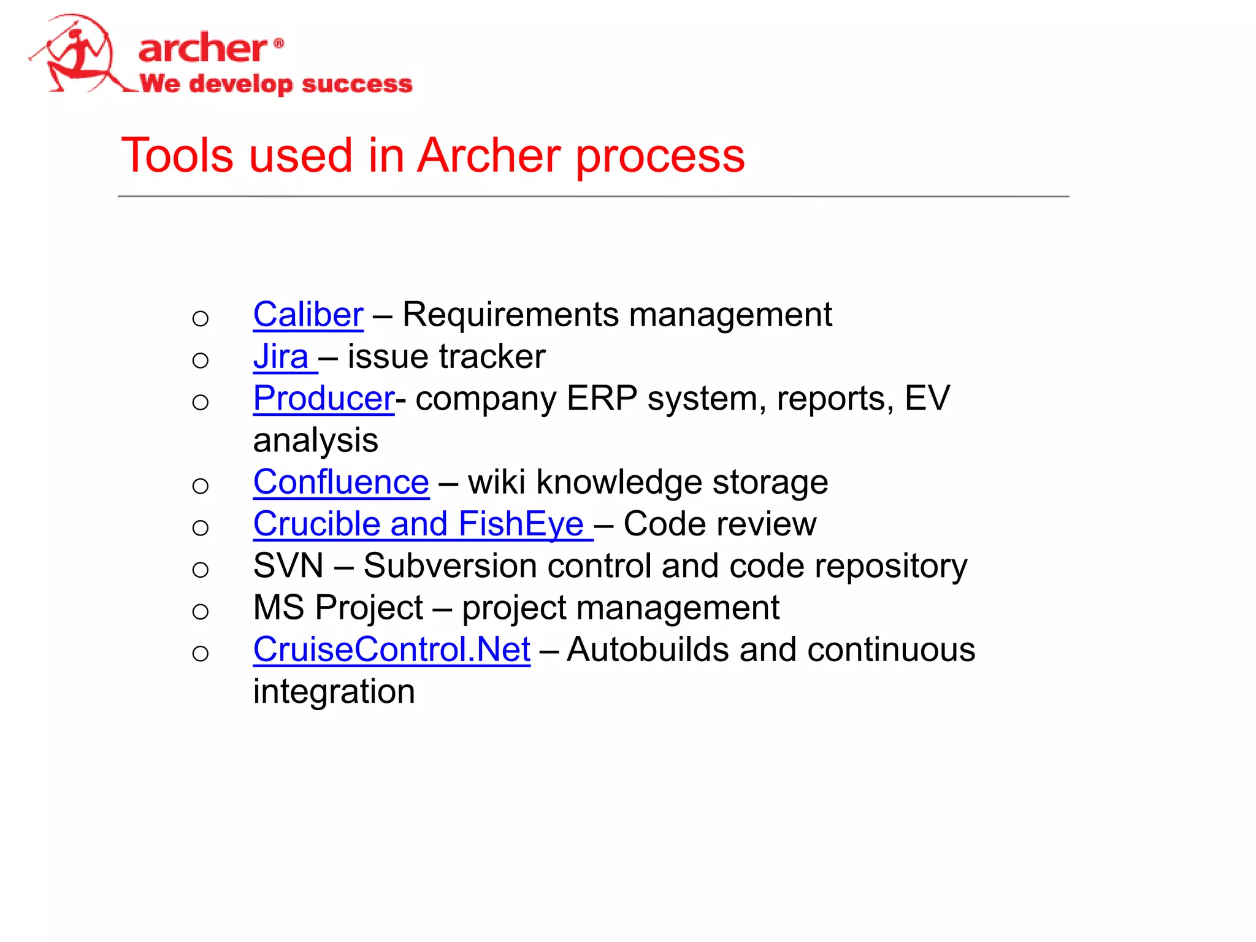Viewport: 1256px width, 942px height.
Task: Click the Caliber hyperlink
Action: [308, 315]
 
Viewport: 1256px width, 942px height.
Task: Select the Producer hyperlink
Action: [323, 399]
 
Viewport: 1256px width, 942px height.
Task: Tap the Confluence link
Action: [341, 483]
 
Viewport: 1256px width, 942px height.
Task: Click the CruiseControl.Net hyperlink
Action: [391, 650]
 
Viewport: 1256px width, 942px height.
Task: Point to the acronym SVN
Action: [288, 566]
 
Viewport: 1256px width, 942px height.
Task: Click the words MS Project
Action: [338, 608]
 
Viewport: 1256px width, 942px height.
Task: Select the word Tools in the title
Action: [177, 155]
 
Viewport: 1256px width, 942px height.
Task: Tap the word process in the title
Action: [660, 156]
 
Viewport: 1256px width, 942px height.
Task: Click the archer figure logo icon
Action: [77, 55]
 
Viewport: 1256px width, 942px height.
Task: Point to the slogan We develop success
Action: [276, 84]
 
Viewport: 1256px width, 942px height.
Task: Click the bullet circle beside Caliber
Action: [200, 318]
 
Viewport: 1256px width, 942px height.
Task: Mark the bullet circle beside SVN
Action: [200, 570]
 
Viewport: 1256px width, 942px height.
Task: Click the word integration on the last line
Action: [334, 692]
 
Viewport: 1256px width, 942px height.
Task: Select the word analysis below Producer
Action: [316, 441]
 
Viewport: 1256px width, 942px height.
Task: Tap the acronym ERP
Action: [602, 399]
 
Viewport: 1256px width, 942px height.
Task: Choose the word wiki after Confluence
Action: [497, 483]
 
